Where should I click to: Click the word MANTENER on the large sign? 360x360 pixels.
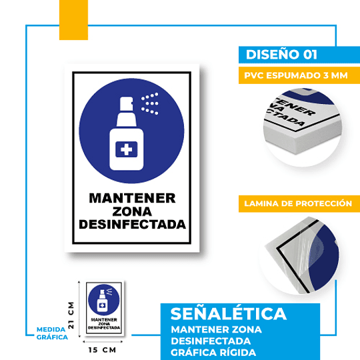pos(132,198)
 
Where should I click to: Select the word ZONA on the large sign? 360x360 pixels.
pos(132,211)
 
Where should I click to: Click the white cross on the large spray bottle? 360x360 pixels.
pos(125,150)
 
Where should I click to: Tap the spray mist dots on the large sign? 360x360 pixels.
pos(150,103)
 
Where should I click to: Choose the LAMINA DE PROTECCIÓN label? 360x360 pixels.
pos(297,203)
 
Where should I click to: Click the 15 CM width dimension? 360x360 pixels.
pos(103,349)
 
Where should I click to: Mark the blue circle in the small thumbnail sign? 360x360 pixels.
pos(103,299)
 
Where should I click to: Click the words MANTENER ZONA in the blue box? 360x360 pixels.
pos(216,329)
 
